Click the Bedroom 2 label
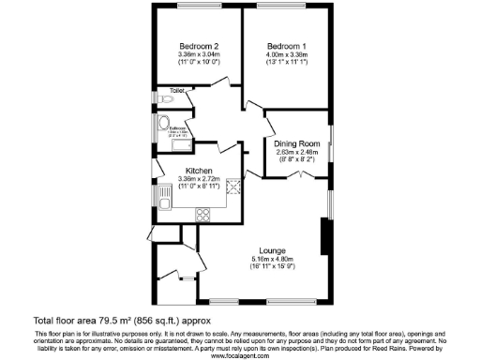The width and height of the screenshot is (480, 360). (198, 47)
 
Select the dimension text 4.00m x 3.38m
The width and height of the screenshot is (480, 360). (285, 54)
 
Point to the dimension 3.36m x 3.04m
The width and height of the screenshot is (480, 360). (198, 54)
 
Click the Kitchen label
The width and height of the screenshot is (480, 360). (198, 171)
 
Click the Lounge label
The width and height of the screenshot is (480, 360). (274, 251)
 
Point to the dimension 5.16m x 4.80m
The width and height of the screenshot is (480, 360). (274, 259)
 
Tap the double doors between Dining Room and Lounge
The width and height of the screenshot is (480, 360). (299, 175)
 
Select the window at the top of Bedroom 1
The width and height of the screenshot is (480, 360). (285, 8)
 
